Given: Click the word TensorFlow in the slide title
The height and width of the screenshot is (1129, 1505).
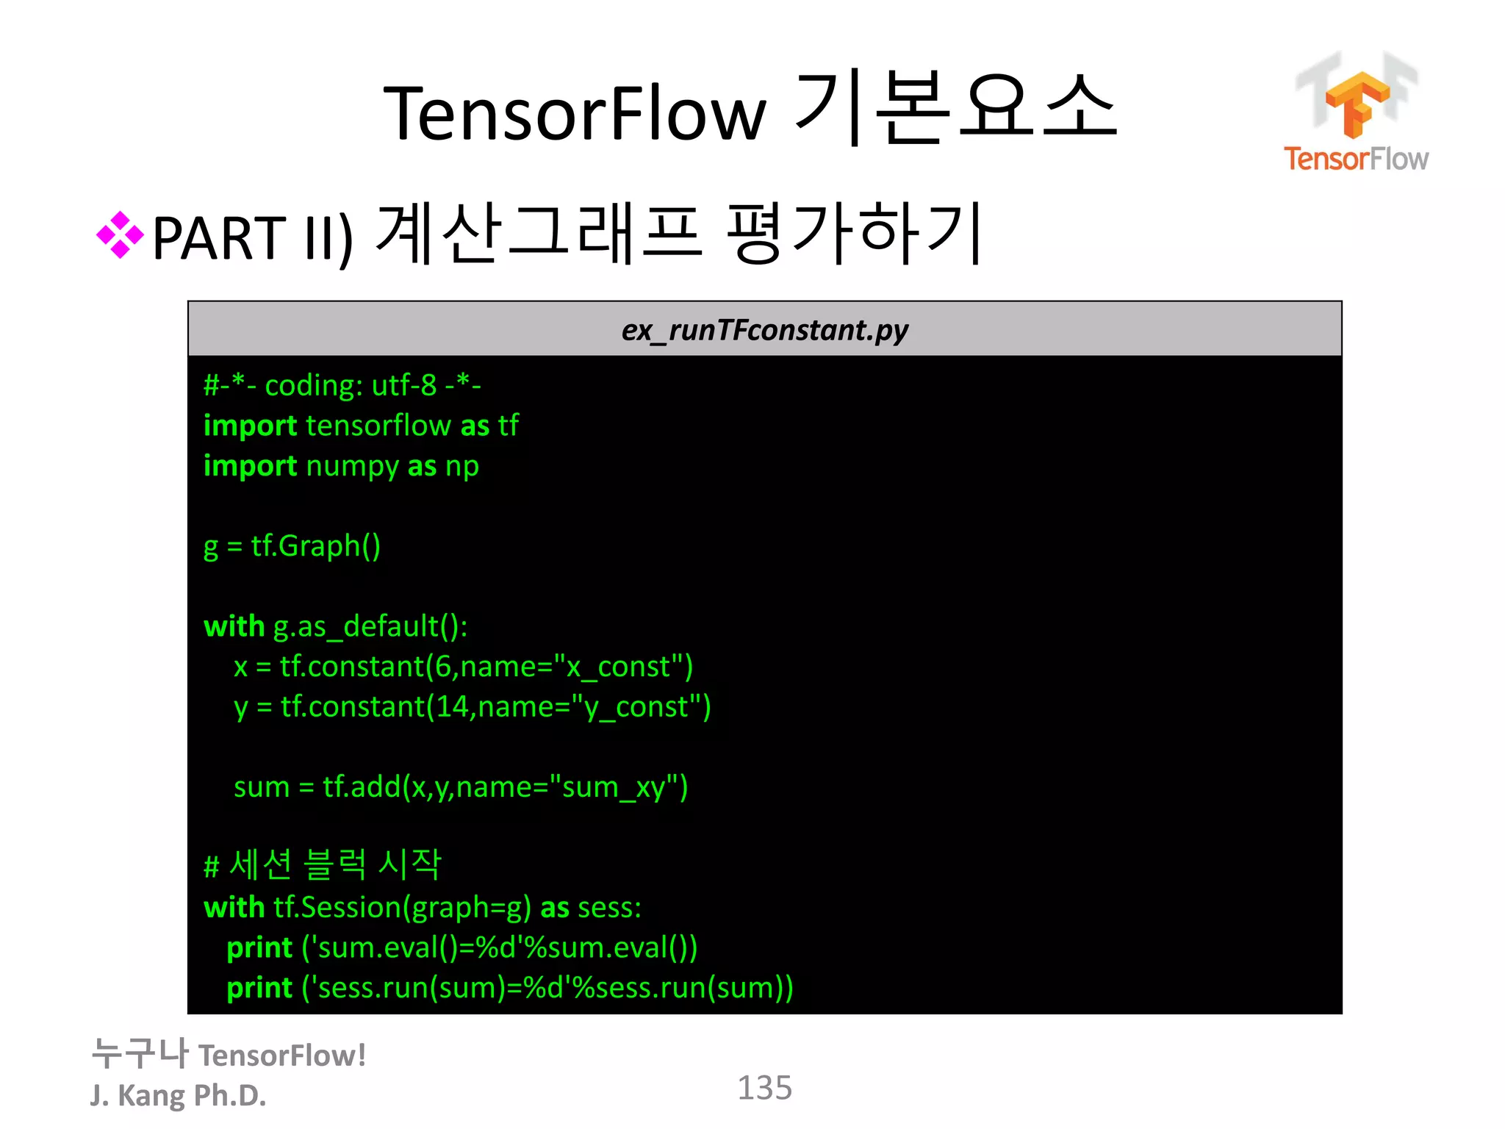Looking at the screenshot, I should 574,113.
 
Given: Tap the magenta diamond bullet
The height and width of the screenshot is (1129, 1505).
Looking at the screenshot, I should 120,235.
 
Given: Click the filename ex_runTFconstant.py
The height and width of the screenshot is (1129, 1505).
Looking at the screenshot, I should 764,330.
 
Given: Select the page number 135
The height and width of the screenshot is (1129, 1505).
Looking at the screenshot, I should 764,1088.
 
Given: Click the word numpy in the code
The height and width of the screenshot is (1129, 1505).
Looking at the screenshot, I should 352,466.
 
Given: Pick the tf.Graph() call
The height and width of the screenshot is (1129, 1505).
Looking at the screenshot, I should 316,546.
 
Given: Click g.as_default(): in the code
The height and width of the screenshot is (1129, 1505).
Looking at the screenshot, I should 370,626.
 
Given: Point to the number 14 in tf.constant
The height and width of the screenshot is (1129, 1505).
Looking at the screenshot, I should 452,707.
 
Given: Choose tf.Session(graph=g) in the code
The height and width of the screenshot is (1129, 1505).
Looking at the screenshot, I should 402,908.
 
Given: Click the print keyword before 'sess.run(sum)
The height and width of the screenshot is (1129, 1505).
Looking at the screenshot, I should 259,988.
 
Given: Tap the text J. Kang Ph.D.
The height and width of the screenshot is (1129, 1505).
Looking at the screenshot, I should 178,1095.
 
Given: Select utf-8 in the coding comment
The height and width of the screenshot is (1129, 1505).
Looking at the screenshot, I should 404,385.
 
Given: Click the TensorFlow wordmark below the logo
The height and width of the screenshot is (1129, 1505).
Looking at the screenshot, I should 1356,159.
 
